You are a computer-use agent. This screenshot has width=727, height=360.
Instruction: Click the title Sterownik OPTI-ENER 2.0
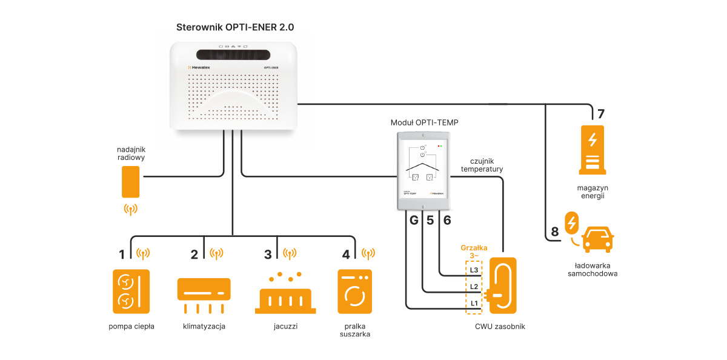pos(235,27)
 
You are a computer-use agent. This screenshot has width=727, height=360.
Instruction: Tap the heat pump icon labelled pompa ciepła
pos(131,292)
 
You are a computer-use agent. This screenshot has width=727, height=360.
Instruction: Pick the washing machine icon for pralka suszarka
pos(355,292)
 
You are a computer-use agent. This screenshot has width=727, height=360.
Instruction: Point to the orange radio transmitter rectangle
pos(130,182)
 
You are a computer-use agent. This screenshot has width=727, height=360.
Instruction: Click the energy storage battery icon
pos(593,149)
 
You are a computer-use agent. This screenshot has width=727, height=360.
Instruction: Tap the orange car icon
pos(597,238)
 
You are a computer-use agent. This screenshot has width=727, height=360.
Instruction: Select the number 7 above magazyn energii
pos(600,113)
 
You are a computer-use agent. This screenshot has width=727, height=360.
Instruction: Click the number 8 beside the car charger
pos(554,232)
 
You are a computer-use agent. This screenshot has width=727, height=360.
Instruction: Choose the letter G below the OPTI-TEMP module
pos(414,221)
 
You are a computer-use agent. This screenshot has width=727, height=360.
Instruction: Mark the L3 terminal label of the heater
pos(474,270)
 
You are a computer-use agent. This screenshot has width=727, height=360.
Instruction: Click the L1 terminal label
pos(474,302)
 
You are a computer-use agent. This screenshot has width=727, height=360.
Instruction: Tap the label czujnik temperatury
pos(482,165)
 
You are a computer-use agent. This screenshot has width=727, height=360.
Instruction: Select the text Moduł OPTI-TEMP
pos(424,122)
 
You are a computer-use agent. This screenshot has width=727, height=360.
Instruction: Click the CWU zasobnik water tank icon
pos(502,285)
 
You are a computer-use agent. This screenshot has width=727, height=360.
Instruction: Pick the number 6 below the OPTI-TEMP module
pos(447,221)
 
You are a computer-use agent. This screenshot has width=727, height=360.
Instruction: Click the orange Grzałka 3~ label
pos(474,252)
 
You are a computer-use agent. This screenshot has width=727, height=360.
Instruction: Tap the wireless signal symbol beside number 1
pos(143,253)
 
